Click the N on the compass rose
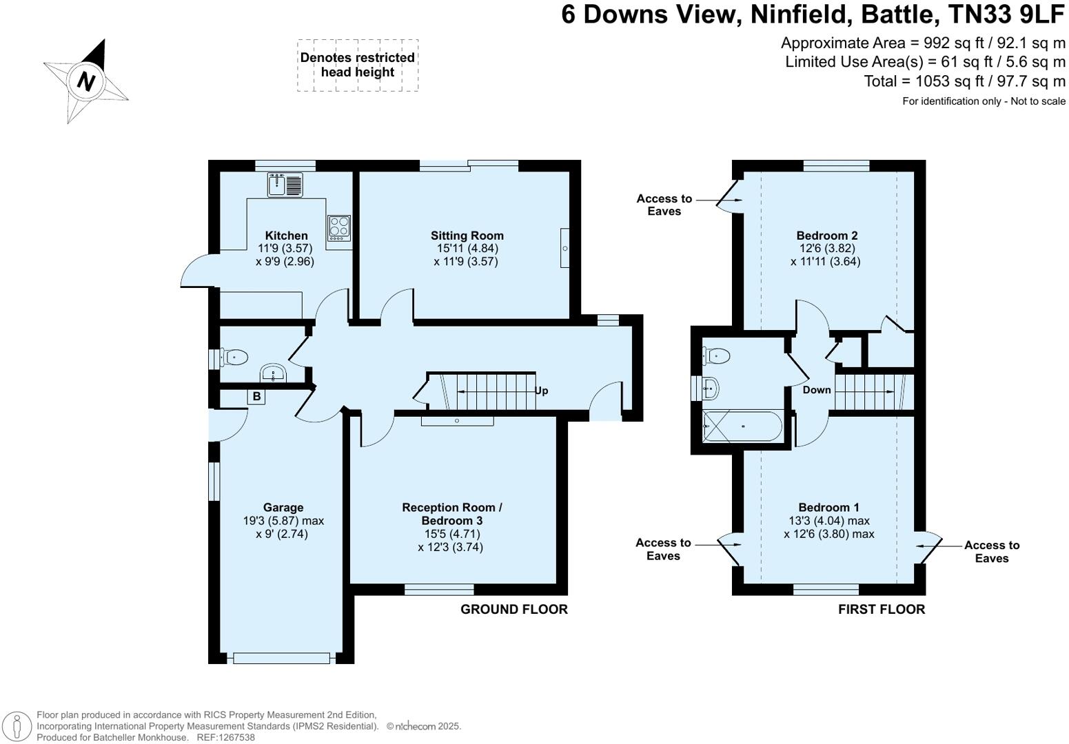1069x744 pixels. tap(86, 81)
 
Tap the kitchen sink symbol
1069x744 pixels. tap(285, 185)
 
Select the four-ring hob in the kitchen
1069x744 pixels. tap(339, 228)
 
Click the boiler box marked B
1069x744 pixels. tap(256, 396)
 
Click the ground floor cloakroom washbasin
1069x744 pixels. tap(274, 373)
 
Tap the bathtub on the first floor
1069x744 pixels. tap(742, 426)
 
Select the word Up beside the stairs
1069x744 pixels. tap(541, 391)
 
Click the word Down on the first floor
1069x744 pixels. tap(817, 390)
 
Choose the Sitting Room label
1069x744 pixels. tap(467, 236)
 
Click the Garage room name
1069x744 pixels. tap(283, 508)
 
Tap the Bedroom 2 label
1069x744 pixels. tap(827, 236)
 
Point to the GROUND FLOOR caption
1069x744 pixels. tap(514, 610)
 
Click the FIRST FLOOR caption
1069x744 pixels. tap(882, 610)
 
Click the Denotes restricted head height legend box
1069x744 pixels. tap(358, 65)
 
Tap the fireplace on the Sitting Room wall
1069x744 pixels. tap(564, 248)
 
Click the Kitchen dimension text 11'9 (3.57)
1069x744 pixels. tap(285, 249)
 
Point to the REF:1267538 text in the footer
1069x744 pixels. tap(226, 737)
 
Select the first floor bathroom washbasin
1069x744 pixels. tap(711, 388)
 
